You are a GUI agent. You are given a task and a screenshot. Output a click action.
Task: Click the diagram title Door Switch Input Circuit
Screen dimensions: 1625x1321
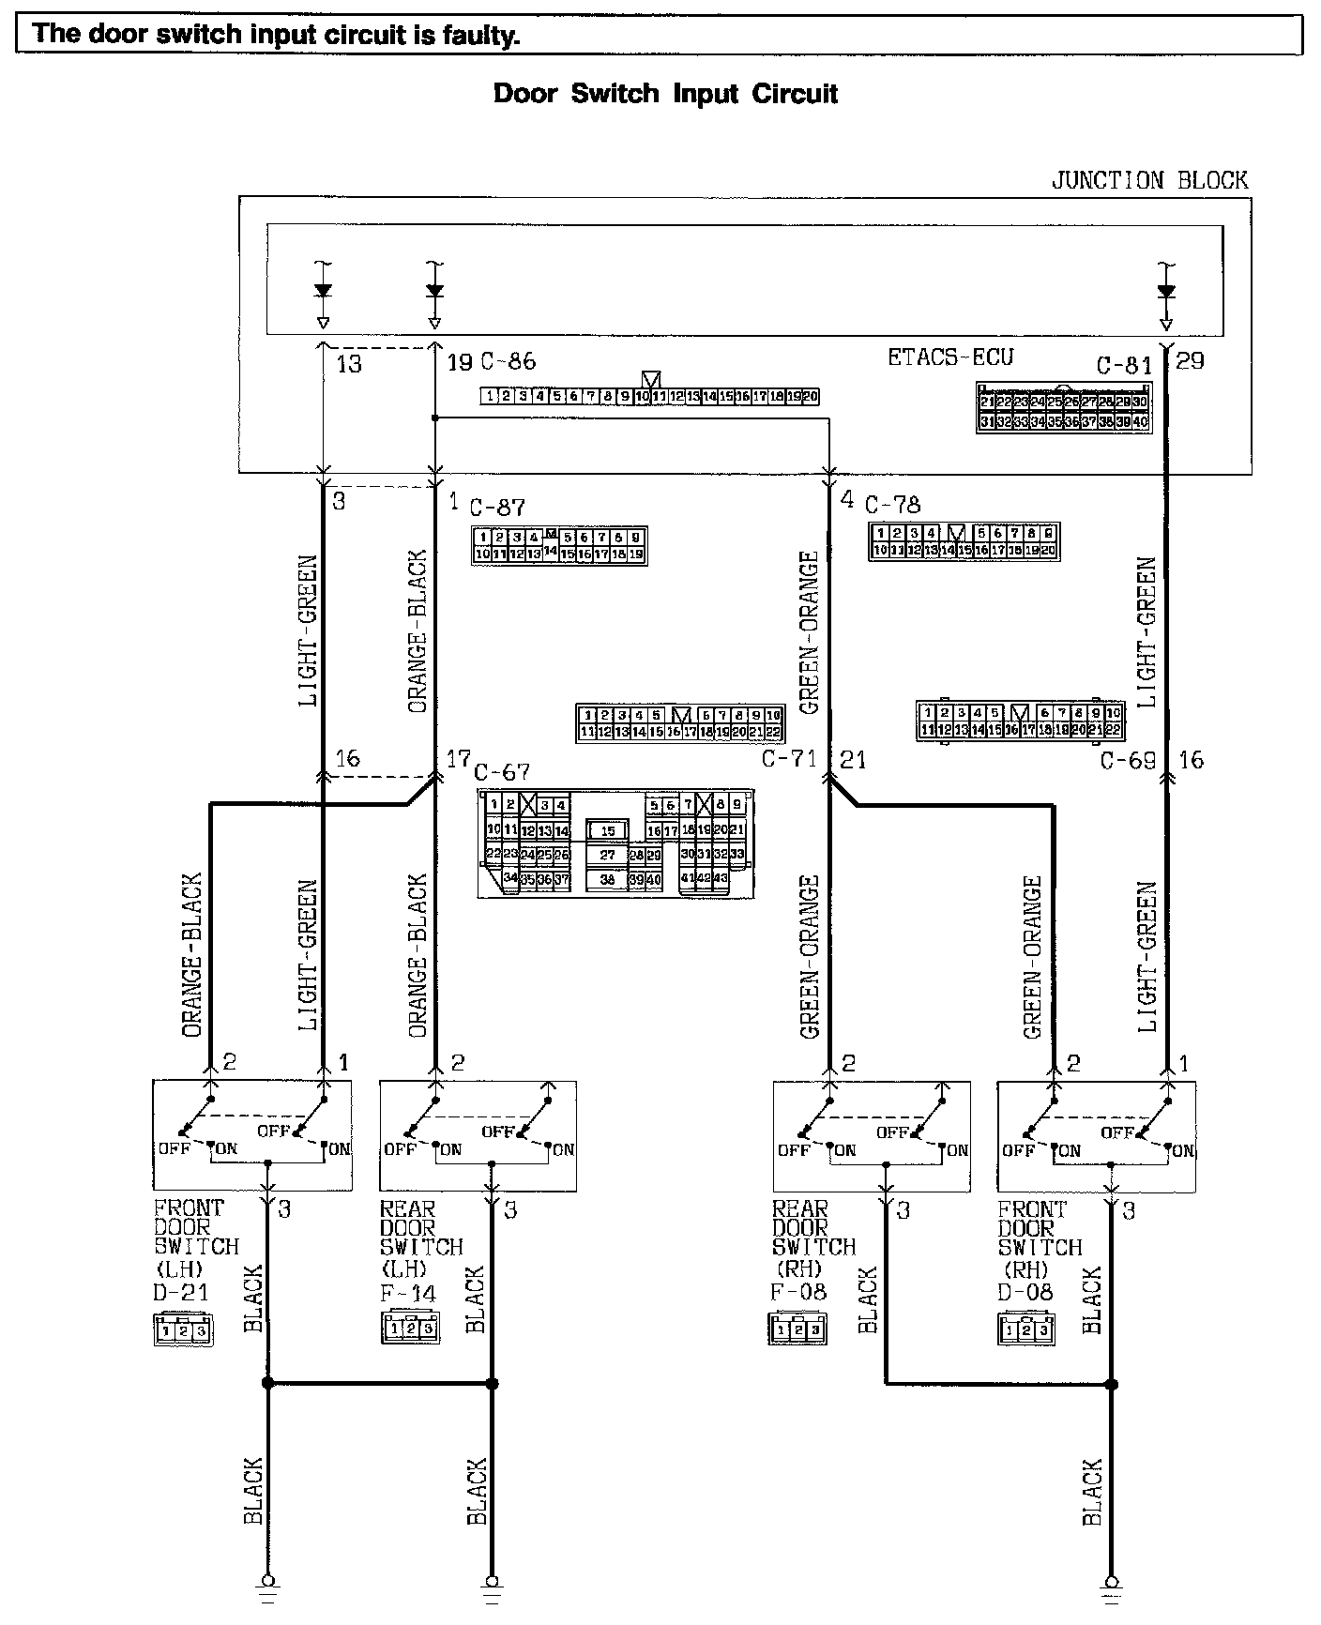[665, 94]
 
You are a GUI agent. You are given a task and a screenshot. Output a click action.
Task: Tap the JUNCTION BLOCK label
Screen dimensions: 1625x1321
[1149, 180]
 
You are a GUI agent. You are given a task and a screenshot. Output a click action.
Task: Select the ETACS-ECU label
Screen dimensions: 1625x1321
[950, 357]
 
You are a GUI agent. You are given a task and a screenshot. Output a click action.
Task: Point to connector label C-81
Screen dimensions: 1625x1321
[1124, 365]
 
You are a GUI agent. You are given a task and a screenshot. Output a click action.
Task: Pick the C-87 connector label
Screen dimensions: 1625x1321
[497, 508]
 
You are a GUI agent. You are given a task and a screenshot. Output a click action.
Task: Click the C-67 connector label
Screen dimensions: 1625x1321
[502, 772]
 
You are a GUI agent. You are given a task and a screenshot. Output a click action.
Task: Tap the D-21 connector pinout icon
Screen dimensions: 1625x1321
[183, 1330]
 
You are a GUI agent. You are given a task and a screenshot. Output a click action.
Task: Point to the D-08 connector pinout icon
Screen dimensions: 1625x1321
[1025, 1329]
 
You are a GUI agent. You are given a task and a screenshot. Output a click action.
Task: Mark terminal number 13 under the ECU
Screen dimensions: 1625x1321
[348, 363]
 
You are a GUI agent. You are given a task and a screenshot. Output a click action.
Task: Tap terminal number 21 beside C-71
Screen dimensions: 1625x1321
[853, 759]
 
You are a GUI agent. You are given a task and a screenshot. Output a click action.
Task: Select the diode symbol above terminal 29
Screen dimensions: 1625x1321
[1166, 291]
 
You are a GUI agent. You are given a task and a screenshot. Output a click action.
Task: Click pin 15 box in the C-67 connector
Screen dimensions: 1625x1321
[608, 831]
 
